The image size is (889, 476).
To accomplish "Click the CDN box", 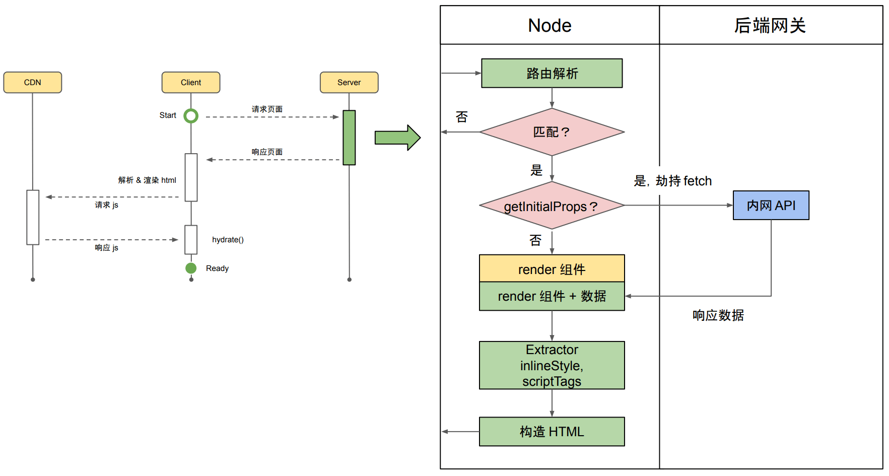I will click(x=33, y=83).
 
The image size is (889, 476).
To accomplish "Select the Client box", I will click(x=191, y=83).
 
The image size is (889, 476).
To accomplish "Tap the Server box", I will click(x=349, y=83).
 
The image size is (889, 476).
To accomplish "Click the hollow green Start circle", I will click(x=191, y=116).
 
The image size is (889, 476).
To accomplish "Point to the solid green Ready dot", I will click(x=191, y=268).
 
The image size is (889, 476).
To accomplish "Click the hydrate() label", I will click(x=228, y=240).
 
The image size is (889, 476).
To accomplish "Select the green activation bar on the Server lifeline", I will click(x=349, y=138).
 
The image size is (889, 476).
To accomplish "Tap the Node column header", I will click(x=550, y=26).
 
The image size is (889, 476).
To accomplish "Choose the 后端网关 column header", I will click(x=770, y=26).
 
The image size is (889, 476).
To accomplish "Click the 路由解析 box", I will click(x=552, y=74).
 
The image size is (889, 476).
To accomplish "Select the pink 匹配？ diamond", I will click(x=552, y=132).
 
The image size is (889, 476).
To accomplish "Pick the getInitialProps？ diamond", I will click(x=552, y=206).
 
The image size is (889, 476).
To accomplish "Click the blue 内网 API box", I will click(x=771, y=206).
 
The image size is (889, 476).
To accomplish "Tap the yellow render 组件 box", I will click(x=552, y=269).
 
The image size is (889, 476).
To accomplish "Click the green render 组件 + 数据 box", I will click(x=552, y=296).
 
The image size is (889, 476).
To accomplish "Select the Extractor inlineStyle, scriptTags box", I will click(x=552, y=366).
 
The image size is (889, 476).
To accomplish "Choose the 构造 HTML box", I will click(x=552, y=432).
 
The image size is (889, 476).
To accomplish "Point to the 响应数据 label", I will click(x=718, y=316).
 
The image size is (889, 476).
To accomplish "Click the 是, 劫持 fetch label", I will click(x=672, y=181).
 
